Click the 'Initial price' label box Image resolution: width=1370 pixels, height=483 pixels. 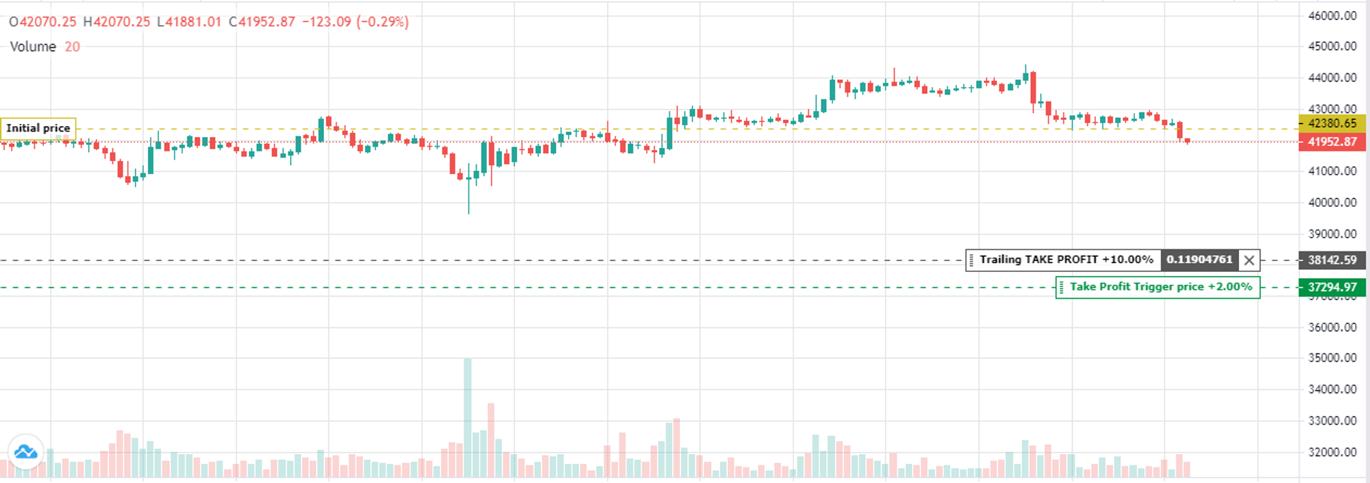tap(38, 128)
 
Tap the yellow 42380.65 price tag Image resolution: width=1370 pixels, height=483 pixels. tap(1332, 123)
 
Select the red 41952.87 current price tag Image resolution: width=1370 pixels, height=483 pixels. tap(1332, 142)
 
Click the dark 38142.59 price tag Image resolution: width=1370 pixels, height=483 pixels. tap(1332, 260)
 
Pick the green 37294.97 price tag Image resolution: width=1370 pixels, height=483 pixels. tap(1332, 287)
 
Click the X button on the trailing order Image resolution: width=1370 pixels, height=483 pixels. tap(1249, 260)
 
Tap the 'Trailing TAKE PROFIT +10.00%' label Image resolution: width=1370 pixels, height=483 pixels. tap(1066, 260)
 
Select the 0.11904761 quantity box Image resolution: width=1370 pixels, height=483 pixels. tap(1199, 260)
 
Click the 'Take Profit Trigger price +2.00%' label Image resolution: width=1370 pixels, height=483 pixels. tap(1160, 287)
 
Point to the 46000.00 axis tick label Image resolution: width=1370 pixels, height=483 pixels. tap(1332, 16)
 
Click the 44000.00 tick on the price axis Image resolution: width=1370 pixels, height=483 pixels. tap(1332, 78)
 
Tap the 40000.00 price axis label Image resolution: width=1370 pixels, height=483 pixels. tap(1332, 203)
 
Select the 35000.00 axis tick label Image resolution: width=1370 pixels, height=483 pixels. tap(1332, 358)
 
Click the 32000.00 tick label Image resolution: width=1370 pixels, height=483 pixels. tap(1332, 452)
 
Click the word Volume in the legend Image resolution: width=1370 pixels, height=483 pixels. tap(33, 47)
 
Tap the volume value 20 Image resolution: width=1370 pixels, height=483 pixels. tap(72, 47)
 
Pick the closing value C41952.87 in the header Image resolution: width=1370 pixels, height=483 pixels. tap(262, 22)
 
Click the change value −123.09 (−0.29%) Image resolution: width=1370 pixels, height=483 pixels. tap(356, 22)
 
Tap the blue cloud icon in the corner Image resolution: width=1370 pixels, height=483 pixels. tap(26, 452)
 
